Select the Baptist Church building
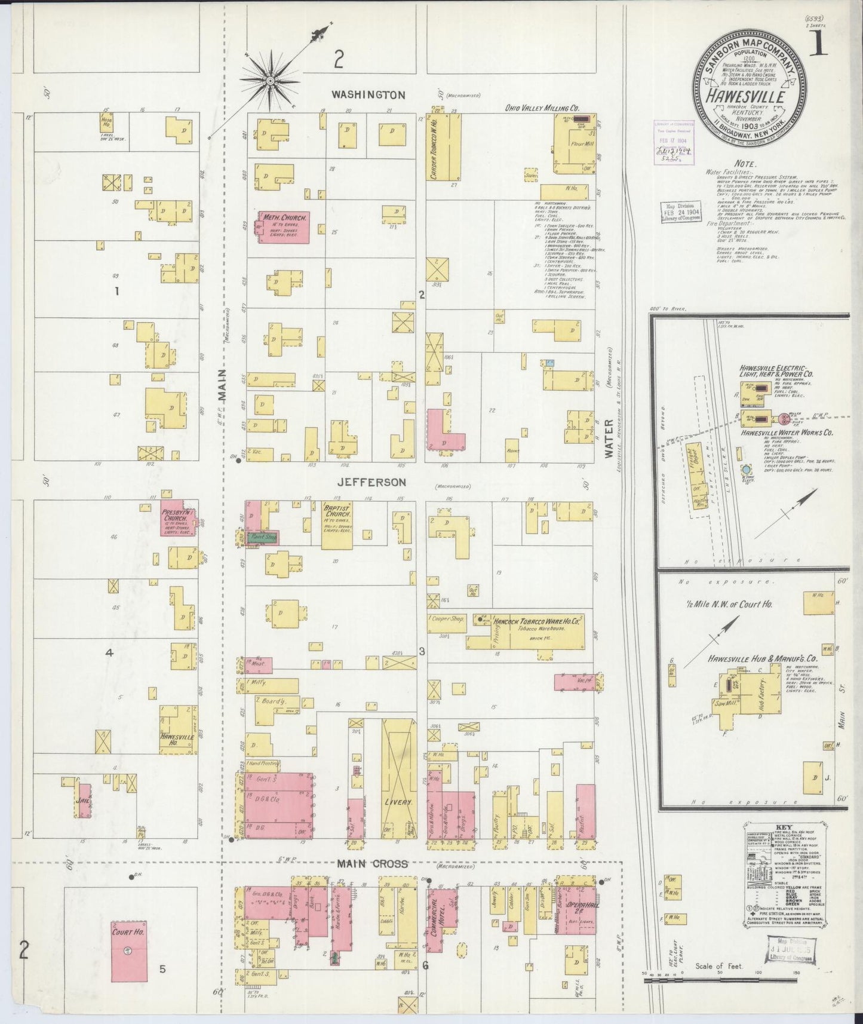point(336,525)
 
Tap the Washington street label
point(368,94)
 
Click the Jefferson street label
point(371,482)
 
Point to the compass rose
point(270,79)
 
